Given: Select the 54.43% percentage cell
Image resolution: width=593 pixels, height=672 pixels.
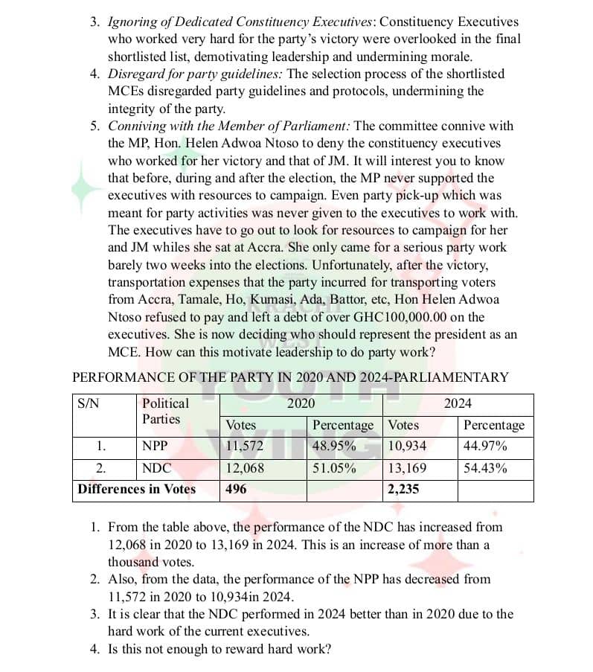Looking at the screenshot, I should [485, 469].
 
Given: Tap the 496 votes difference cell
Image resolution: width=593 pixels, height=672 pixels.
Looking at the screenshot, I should [237, 490].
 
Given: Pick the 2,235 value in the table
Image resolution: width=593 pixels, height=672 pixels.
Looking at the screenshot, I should [404, 490].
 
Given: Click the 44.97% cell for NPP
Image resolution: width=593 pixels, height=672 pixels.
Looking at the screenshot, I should [485, 447].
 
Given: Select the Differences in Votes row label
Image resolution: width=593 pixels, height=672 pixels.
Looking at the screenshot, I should [137, 490].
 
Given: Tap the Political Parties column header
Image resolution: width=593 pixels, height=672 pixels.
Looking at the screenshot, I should [165, 412].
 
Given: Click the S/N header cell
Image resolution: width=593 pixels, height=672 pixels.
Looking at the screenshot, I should [89, 404].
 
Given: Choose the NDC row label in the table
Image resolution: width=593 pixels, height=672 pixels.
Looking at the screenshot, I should [156, 469].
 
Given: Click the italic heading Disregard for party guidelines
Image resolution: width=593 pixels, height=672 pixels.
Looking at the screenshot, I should [195, 74].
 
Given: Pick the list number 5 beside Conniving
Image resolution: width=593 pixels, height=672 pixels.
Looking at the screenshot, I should [95, 126].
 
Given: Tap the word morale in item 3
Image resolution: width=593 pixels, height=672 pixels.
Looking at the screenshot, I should [452, 57].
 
